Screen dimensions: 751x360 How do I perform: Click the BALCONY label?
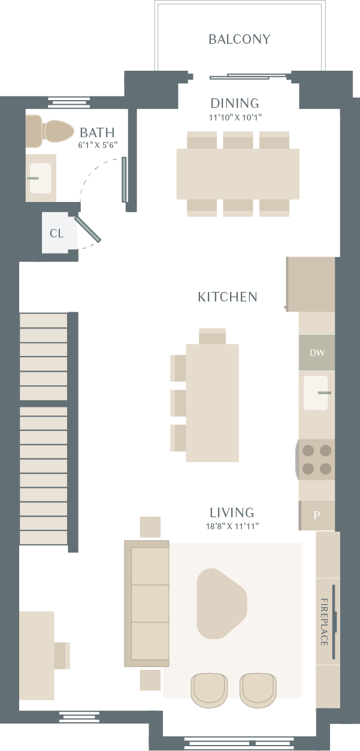coord(239,40)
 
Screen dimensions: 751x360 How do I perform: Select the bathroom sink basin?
coord(41,178)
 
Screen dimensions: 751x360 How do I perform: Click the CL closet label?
coord(57,234)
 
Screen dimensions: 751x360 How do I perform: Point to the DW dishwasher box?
coord(317,352)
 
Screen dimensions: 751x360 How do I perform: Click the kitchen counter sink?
coord(316,393)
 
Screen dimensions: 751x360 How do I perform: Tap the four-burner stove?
coord(317,460)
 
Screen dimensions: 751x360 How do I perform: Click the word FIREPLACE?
coord(324,622)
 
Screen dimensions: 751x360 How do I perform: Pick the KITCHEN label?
coord(227,297)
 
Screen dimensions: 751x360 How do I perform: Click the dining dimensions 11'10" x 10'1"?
coord(235,117)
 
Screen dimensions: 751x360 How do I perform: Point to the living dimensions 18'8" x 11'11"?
coord(231,527)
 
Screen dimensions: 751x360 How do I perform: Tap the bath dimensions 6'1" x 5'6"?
coord(96,144)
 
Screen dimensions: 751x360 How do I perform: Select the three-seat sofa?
coord(147,603)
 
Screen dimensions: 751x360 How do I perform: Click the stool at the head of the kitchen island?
coord(212,336)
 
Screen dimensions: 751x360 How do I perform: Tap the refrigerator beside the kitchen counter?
coord(310,284)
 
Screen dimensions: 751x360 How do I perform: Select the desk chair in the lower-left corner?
coord(62,655)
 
